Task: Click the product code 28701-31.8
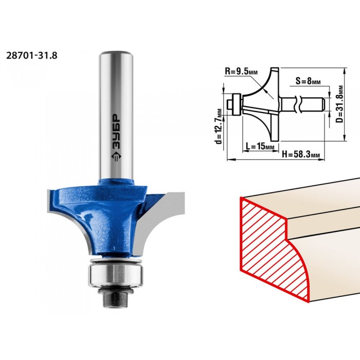click(32, 56)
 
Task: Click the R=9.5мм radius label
click(241, 71)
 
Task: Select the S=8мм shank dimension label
click(308, 81)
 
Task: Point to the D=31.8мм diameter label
click(340, 104)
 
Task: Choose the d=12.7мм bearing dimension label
click(219, 127)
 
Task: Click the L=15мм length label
click(260, 146)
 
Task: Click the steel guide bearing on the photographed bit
click(116, 275)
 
